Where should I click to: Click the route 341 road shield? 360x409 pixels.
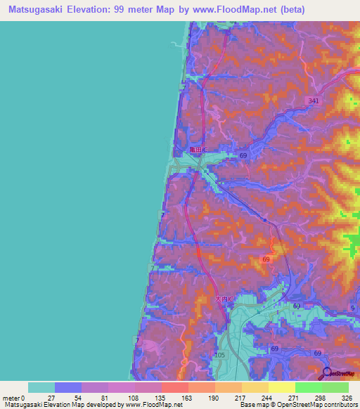click(x=314, y=102)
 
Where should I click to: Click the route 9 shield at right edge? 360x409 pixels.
click(x=352, y=308)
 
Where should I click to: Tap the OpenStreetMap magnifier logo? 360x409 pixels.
click(x=328, y=373)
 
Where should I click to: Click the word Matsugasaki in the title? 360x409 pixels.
click(x=32, y=8)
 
